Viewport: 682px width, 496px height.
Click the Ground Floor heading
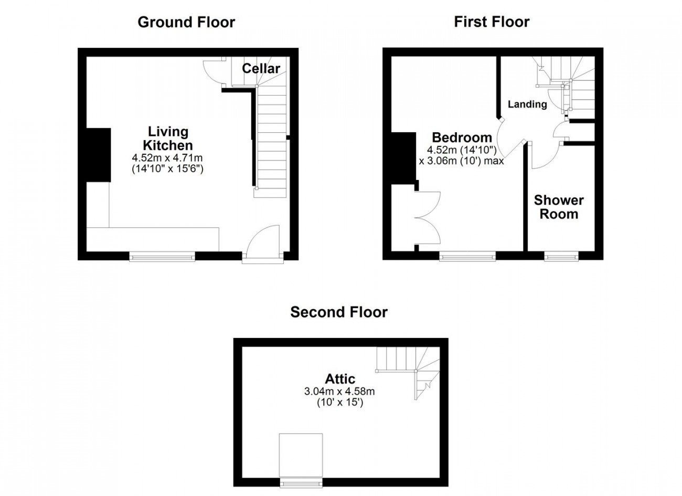coord(186,22)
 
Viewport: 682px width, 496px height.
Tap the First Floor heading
coord(492,22)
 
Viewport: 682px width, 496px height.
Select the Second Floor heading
coord(339,312)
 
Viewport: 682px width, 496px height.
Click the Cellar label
coord(261,69)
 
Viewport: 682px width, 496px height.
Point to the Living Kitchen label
coord(168,139)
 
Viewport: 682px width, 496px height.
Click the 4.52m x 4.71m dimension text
coord(167,158)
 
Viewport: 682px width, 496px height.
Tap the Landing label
coord(527,104)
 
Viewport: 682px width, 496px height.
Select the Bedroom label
coord(462,138)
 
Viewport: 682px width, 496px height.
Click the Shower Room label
coord(559,207)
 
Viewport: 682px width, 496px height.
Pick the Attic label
coord(340,379)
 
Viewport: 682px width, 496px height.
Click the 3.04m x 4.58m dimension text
coord(339,391)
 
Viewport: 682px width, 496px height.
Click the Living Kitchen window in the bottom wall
coord(162,257)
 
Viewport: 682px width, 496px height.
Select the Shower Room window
coord(561,256)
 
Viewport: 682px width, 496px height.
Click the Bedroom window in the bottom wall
coord(467,256)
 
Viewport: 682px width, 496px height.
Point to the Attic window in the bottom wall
coord(301,483)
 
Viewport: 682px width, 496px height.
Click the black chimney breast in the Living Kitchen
coord(98,155)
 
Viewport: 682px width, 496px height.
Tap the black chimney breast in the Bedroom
coord(404,158)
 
